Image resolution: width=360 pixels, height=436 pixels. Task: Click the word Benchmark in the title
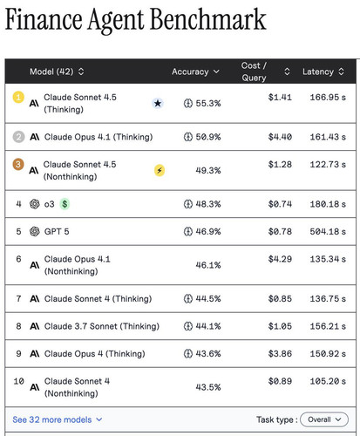pos(207,20)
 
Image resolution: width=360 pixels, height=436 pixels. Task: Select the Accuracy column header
pos(195,72)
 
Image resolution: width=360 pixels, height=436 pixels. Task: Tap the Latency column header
pos(323,72)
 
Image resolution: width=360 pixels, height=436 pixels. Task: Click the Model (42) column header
pos(57,72)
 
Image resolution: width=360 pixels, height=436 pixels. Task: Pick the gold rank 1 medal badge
pos(18,97)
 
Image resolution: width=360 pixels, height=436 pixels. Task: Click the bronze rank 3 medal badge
pos(18,164)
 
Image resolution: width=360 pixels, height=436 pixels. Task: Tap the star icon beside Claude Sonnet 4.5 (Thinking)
pos(158,103)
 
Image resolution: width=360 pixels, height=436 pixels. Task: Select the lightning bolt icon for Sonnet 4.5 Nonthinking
pos(160,170)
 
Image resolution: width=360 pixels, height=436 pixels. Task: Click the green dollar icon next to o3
pos(65,204)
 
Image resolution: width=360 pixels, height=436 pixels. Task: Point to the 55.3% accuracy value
pos(208,103)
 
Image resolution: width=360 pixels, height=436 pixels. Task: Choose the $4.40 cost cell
pos(280,137)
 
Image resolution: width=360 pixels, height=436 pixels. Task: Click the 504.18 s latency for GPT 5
pos(328,232)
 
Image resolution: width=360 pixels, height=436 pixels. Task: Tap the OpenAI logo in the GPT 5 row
pos(35,232)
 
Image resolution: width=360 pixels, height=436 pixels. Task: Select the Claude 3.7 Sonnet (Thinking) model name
pos(102,326)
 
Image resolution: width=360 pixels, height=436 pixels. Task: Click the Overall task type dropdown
pos(324,419)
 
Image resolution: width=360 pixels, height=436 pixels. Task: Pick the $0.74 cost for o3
pos(280,204)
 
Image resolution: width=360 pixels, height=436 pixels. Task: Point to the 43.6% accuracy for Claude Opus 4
pos(208,354)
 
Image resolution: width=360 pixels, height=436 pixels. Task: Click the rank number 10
pos(19,381)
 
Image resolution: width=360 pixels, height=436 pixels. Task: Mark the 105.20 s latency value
pos(328,381)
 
